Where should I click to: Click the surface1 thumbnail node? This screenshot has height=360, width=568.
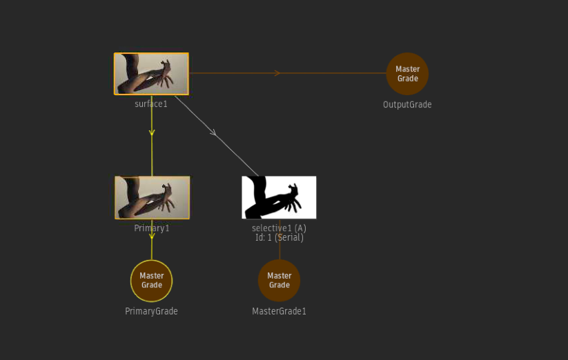151,74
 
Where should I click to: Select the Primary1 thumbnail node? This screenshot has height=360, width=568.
152,197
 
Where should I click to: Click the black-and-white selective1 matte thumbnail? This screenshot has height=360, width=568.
279,197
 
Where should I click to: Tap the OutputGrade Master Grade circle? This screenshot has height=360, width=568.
407,74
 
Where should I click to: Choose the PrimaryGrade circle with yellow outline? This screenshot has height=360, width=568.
151,281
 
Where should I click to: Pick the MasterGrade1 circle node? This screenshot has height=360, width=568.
280,281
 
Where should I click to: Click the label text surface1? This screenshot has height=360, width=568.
151,104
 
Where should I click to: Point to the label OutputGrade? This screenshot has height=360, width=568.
407,105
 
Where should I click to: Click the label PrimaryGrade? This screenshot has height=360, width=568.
151,311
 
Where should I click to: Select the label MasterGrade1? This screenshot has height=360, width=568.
279,311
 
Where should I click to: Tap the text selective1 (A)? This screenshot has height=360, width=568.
279,228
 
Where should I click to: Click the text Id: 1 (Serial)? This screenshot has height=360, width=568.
280,238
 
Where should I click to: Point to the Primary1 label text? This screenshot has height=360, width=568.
151,228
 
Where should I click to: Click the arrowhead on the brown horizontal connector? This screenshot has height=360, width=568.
277,73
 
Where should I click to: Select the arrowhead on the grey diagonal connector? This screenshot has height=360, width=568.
214,133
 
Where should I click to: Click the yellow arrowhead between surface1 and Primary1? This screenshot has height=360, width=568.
152,132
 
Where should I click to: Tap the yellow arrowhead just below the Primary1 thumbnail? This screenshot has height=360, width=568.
152,236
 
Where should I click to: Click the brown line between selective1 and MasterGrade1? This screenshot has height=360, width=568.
280,239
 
